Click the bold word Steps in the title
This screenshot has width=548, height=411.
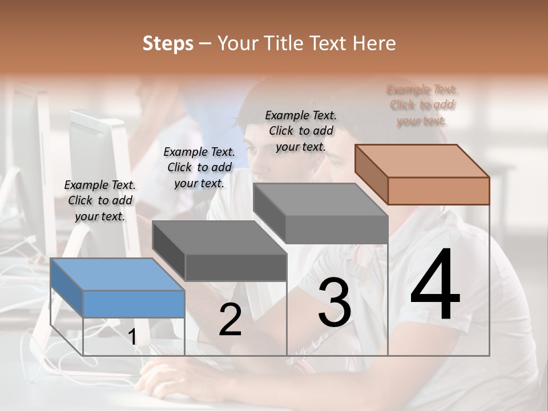[168, 44]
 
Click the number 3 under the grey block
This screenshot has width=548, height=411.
[335, 303]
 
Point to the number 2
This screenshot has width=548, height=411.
[230, 320]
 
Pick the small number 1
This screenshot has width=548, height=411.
[132, 337]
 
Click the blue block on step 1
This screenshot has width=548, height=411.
[118, 288]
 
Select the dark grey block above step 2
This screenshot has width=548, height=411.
[220, 251]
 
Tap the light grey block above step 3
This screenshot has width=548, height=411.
[321, 213]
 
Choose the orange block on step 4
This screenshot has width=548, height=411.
[422, 174]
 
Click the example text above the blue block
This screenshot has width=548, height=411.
[100, 200]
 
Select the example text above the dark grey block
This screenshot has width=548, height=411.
[199, 167]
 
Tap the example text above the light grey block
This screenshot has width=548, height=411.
[301, 131]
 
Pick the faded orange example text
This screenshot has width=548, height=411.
[422, 105]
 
